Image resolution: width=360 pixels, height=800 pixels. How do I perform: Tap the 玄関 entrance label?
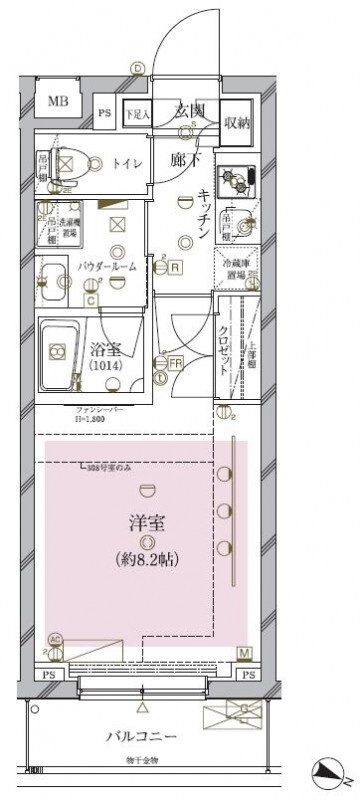(190, 110)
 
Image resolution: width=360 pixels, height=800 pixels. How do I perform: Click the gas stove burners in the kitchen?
(240, 178)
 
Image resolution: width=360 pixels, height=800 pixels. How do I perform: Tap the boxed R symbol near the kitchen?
(174, 267)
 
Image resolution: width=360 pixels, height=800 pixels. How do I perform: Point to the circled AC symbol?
(55, 641)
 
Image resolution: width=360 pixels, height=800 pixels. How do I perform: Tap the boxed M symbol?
(243, 653)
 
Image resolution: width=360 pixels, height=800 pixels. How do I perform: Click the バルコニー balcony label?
(143, 737)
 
